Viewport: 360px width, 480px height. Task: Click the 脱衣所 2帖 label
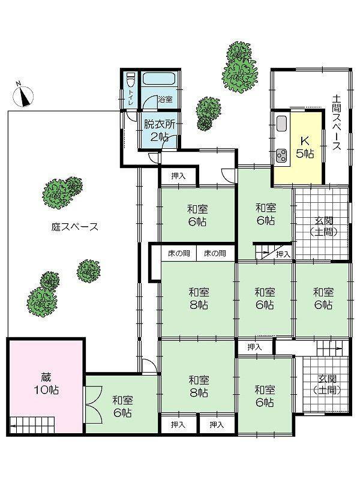(158, 130)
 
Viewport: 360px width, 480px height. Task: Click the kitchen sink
(282, 125)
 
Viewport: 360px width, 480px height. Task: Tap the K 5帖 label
(305, 147)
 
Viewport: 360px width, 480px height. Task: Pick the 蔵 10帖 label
(46, 382)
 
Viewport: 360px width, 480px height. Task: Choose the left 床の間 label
(179, 254)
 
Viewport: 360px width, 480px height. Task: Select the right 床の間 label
(215, 254)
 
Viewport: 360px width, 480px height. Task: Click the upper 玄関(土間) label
(322, 226)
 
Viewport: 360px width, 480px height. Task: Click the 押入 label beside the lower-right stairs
(255, 347)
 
